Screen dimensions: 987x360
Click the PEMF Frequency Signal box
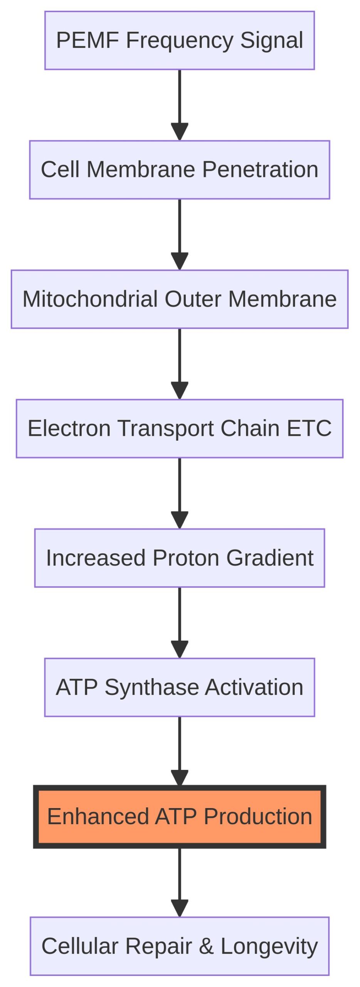coord(180,40)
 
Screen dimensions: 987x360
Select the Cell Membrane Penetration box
coord(180,170)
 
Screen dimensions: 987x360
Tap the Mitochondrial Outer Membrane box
coord(180,299)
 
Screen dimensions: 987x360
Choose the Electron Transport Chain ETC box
coord(180,428)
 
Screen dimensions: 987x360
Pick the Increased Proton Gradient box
coord(180,558)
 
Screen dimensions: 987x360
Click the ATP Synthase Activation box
coord(180,687)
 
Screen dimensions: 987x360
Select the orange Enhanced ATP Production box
coord(180,817)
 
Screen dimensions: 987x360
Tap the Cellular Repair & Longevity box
coord(180,946)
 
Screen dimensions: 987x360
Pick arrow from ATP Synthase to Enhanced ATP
coord(180,751)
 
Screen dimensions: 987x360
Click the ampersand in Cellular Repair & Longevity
coord(206,946)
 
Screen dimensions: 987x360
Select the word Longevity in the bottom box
coord(269,946)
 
